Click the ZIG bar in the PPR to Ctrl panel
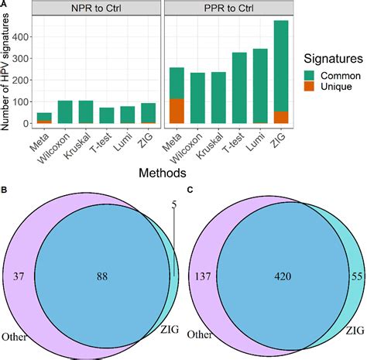(281, 72)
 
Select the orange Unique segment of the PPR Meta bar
(177, 111)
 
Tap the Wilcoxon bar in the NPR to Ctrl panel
(65, 111)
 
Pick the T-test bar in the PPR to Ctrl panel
(239, 87)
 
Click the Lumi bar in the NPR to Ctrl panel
(128, 115)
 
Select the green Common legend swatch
(309, 76)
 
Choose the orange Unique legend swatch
(309, 86)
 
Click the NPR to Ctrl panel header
(96, 9)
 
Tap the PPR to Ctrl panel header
(229, 9)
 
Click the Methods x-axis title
(163, 173)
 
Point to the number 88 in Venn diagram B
(102, 276)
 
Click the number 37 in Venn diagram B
(19, 276)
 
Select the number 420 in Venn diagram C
(283, 276)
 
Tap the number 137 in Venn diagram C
(203, 276)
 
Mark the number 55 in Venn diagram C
(357, 276)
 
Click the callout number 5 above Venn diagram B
(174, 204)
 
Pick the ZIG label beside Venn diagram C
(355, 331)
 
